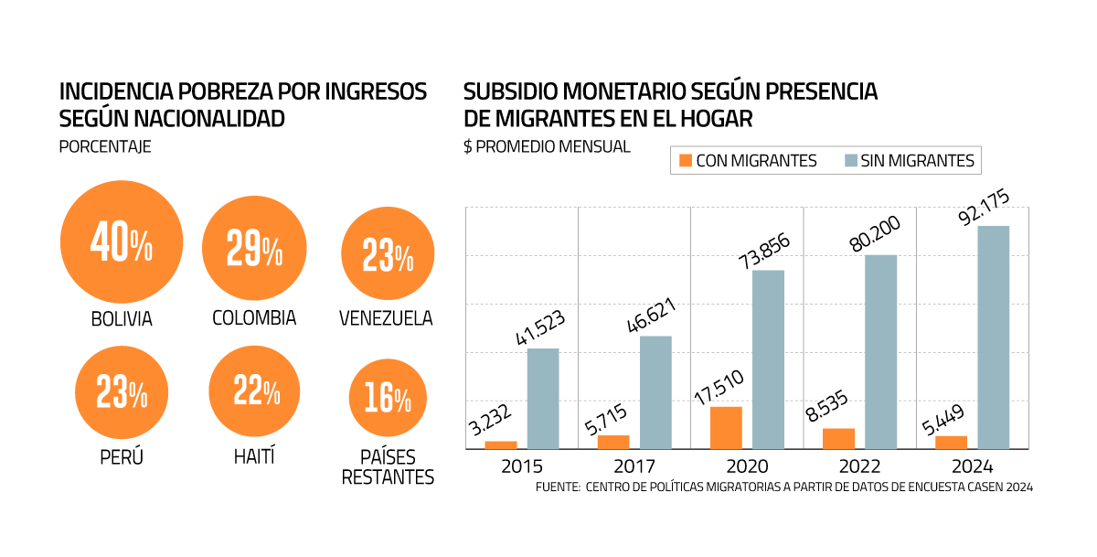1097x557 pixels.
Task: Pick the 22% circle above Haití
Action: (254, 392)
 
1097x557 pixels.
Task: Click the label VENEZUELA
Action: (386, 318)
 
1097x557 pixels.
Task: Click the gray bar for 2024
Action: (994, 337)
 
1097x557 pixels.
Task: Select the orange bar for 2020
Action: (726, 427)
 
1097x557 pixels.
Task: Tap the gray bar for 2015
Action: (543, 398)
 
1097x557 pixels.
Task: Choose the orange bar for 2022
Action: (838, 438)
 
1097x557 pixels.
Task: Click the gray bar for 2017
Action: (655, 392)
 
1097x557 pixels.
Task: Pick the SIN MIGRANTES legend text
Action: (917, 161)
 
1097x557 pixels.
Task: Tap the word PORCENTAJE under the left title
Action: (105, 146)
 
